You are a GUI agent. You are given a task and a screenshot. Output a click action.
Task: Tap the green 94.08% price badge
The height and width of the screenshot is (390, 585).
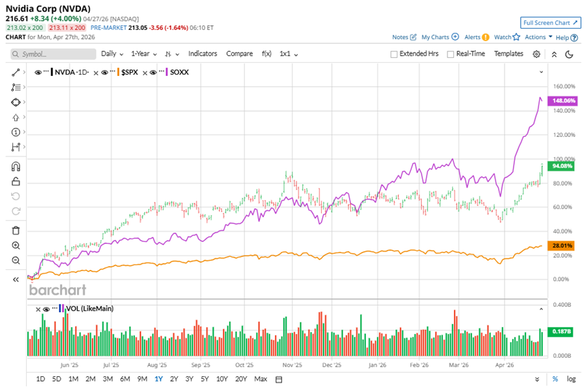(x=561, y=165)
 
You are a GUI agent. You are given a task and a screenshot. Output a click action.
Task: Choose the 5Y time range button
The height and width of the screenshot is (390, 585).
(x=204, y=379)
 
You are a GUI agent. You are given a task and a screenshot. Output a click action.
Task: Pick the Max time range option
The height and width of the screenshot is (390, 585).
(x=261, y=379)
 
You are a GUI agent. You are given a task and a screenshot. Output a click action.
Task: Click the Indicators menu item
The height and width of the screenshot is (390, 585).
(x=202, y=54)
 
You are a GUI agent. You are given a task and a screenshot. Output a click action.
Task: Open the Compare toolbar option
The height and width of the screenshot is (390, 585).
(x=239, y=54)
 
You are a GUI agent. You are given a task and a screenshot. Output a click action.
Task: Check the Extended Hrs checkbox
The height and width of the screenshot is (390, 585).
(x=394, y=55)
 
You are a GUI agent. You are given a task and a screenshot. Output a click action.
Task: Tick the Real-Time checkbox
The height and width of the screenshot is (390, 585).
(x=451, y=55)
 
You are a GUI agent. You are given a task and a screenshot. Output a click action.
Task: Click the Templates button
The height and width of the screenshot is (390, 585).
(x=508, y=54)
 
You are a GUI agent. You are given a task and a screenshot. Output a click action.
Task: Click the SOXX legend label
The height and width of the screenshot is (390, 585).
(x=180, y=72)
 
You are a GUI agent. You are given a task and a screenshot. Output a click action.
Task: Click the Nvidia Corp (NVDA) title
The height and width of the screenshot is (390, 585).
(x=48, y=8)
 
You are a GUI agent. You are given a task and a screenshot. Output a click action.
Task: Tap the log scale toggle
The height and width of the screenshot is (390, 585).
(x=571, y=379)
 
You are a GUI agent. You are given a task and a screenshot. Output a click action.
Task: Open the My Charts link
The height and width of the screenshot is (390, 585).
(x=436, y=37)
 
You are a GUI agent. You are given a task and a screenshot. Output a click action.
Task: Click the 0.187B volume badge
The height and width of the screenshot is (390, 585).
(x=561, y=332)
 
